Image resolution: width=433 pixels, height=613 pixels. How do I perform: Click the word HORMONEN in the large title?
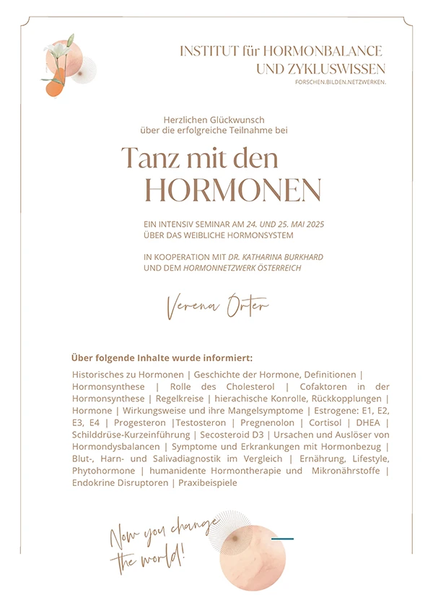click(232, 190)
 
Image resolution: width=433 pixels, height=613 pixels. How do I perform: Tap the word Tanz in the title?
click(149, 157)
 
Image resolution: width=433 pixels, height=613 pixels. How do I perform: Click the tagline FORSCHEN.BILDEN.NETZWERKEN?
click(340, 82)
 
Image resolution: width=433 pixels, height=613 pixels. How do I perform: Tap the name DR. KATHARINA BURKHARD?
click(265, 257)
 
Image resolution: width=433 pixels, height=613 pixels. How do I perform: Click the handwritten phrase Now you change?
click(165, 532)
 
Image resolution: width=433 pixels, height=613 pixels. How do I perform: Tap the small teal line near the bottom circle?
click(282, 538)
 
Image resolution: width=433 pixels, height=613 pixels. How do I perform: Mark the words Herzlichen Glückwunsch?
click(214, 119)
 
